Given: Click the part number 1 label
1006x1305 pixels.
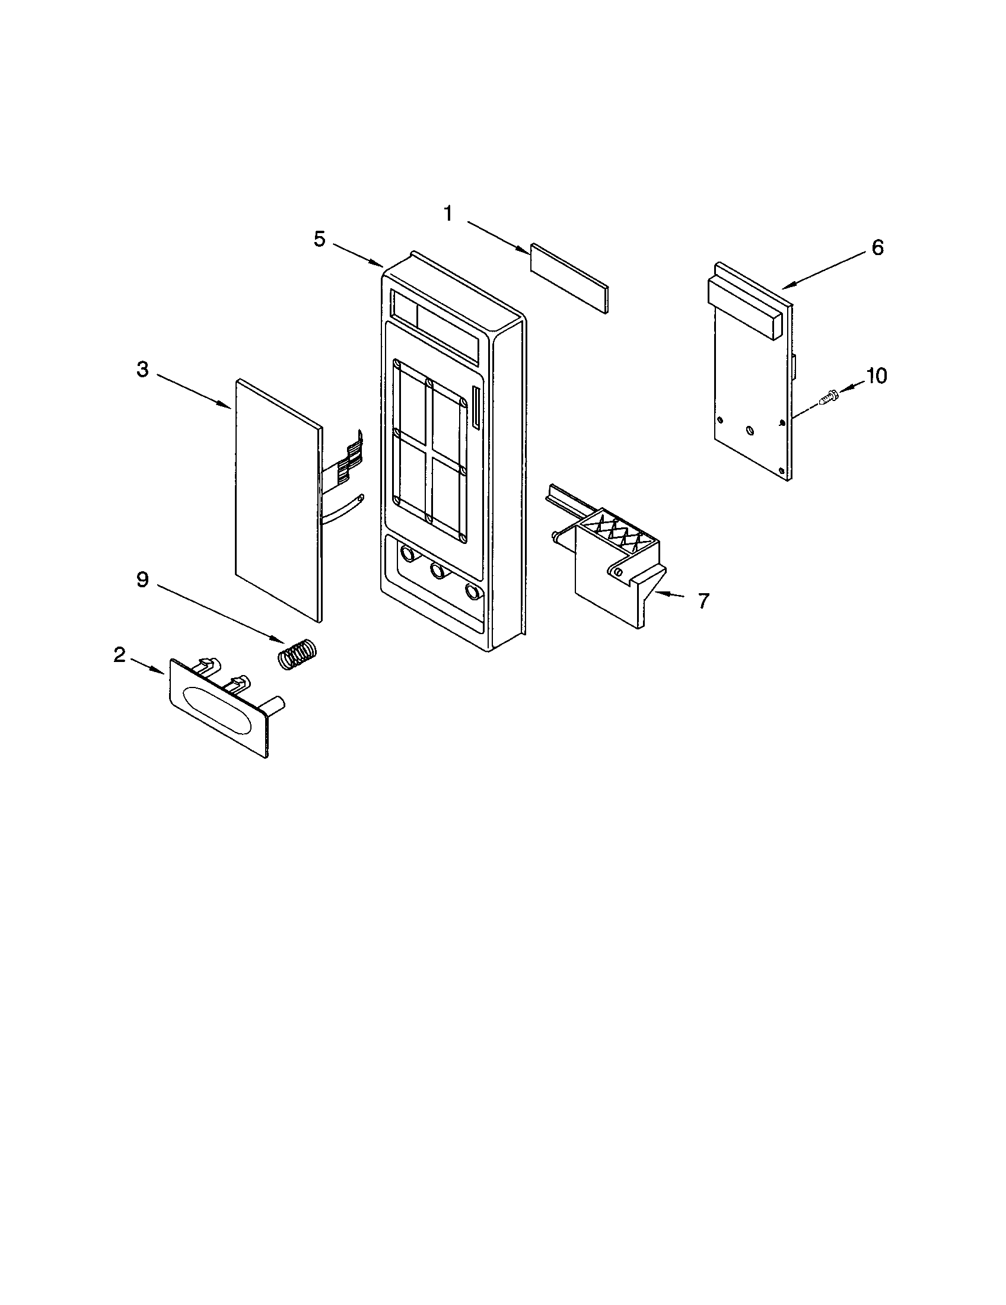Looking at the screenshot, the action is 448,214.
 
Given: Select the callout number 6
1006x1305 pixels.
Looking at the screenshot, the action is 877,247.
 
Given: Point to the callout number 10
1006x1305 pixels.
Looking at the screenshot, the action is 876,376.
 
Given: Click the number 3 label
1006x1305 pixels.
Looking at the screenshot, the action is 142,370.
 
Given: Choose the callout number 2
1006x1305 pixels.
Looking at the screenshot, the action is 119,655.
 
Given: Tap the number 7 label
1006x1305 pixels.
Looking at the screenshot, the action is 703,601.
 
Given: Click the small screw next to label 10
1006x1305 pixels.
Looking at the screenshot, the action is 828,397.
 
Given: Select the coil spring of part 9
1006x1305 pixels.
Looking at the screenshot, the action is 298,654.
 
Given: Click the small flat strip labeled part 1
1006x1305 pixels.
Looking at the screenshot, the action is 569,278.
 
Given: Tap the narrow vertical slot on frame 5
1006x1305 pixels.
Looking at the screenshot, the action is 476,407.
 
